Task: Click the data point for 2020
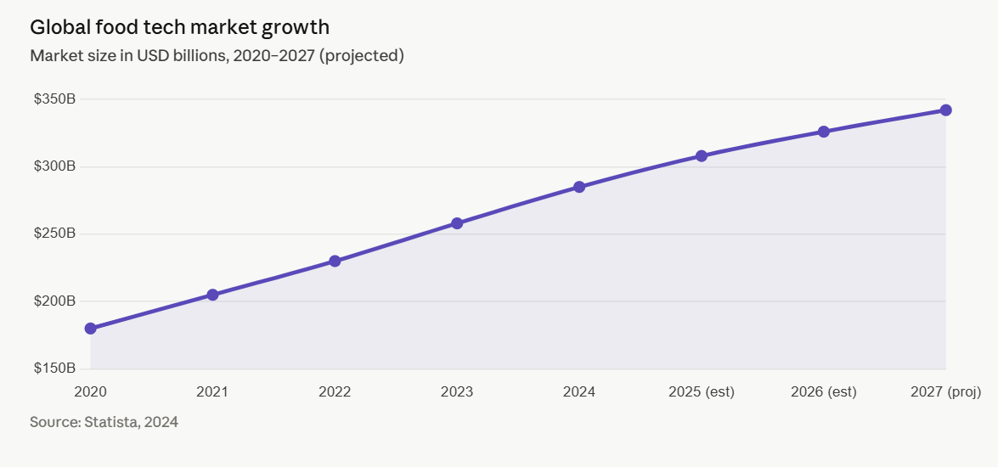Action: tap(90, 329)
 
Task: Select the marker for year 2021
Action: tap(212, 295)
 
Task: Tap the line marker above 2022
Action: tap(335, 261)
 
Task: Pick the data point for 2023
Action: tap(457, 223)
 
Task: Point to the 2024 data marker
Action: tap(579, 187)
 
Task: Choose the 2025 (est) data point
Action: tap(702, 156)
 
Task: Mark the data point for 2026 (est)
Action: tap(824, 132)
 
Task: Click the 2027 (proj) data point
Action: tap(945, 110)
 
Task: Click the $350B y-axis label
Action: tap(54, 99)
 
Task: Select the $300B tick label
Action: tap(54, 166)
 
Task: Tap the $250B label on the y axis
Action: tap(54, 233)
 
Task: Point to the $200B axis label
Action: tap(54, 301)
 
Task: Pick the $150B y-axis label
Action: tap(54, 369)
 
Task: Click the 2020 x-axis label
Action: tap(90, 391)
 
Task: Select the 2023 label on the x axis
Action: tap(457, 391)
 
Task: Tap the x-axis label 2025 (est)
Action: tap(702, 391)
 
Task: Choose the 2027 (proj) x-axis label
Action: tap(945, 391)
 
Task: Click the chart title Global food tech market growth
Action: tap(179, 27)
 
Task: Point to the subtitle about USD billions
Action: tap(217, 56)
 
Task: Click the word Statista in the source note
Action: tap(115, 421)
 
